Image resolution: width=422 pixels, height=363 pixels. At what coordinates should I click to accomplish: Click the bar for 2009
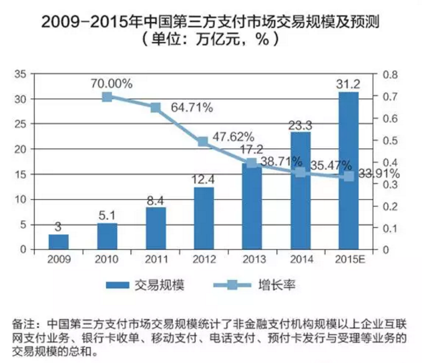coord(58,241)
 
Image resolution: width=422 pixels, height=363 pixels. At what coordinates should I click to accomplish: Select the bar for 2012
coord(204,218)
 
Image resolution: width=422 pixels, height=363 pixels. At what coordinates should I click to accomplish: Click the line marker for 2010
coord(107,97)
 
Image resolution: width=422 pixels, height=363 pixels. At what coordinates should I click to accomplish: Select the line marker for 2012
coord(204,142)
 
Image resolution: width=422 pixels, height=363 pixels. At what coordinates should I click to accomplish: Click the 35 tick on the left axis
coord(19,74)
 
